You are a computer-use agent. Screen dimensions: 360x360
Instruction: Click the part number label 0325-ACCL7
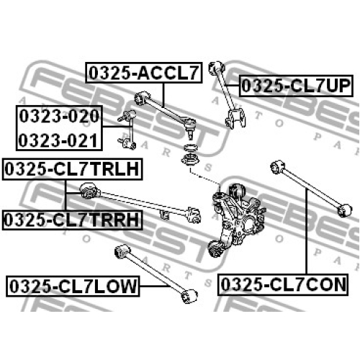pos(144,73)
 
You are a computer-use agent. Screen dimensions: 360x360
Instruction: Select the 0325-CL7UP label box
pos(296,86)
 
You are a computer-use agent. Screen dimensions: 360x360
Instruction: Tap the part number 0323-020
pos(59,116)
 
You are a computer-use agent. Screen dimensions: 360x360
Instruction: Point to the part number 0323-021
pos(58,140)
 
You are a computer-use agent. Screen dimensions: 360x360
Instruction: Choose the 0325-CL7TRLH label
pos(72,169)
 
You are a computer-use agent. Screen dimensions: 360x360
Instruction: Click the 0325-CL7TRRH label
pos(72,220)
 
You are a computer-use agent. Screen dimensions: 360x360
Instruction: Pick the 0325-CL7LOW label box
pos(73,286)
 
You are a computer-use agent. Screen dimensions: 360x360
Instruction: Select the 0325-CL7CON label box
pos(283,284)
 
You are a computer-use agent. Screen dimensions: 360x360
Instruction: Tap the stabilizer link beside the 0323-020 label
pos(127,130)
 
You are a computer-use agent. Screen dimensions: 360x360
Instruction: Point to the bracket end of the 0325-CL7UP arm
pos(235,118)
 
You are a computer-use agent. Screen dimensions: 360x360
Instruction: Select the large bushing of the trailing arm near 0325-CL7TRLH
pos(89,191)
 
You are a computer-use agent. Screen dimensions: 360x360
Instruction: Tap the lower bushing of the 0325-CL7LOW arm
pos(189,296)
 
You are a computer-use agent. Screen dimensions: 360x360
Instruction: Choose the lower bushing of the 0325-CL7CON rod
pos(345,210)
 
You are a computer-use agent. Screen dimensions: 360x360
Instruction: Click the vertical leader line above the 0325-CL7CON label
pos(307,231)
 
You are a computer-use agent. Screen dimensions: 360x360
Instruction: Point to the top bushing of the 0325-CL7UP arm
pos(216,68)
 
